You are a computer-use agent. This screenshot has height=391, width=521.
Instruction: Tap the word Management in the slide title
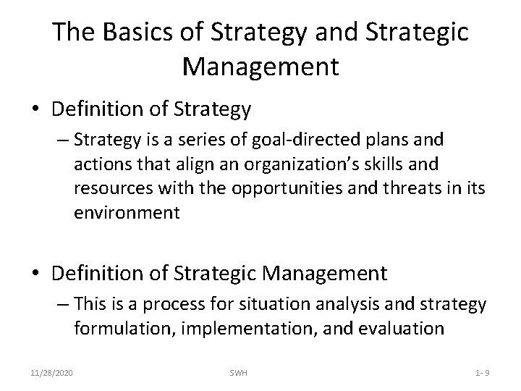coord(260,67)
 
